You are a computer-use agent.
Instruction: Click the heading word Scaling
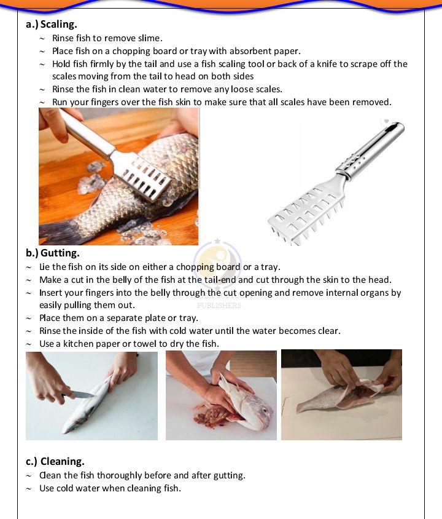(58, 25)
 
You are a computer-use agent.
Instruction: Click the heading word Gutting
(60, 253)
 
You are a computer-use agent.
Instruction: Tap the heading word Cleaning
(63, 461)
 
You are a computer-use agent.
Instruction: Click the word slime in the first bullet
(150, 38)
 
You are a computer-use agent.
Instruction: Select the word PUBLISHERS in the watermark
(219, 306)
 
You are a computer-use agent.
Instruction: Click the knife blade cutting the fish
(83, 395)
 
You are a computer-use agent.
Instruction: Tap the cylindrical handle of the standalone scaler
(371, 148)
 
